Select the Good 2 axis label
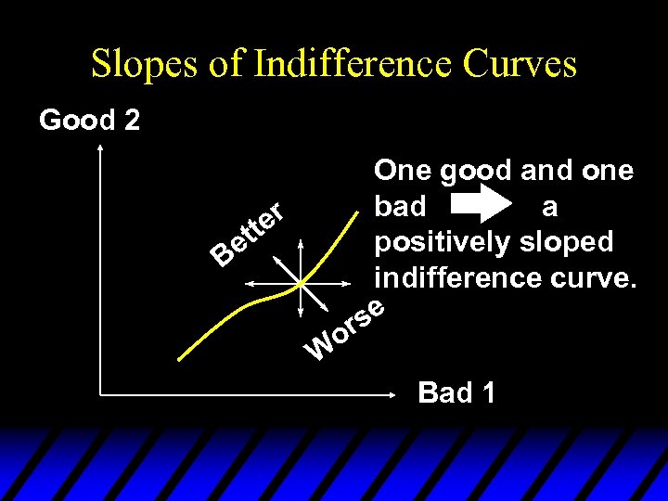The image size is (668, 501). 89,120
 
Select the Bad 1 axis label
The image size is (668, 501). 456,392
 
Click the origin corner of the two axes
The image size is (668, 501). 99,395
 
